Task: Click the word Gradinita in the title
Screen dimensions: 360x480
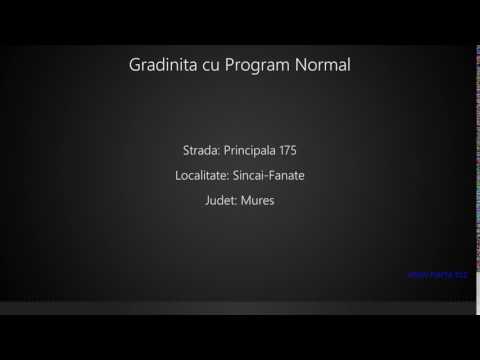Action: (162, 66)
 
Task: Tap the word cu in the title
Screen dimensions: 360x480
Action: (210, 66)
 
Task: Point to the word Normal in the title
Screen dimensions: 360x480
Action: (323, 66)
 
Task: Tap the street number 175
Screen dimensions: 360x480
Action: (288, 151)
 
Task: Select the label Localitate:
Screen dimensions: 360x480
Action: (201, 176)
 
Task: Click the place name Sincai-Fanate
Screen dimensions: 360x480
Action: (268, 176)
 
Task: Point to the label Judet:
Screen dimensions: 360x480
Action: (219, 201)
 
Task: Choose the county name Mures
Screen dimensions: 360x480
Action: (257, 201)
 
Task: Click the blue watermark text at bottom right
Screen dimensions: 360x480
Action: (439, 273)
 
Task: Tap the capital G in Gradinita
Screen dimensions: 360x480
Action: (135, 66)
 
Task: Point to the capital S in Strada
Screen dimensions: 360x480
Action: (186, 151)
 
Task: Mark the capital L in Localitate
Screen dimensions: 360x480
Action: (177, 176)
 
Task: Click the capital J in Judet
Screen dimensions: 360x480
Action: (205, 201)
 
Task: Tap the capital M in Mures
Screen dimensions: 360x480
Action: (245, 201)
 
